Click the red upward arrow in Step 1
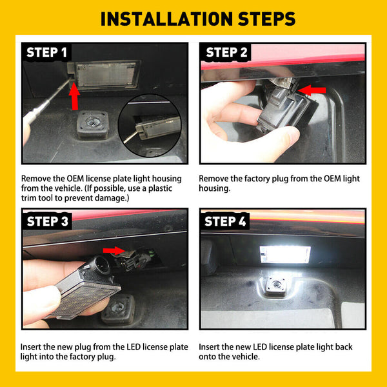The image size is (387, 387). pyautogui.click(x=74, y=97)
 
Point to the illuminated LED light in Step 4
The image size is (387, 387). pyautogui.click(x=284, y=255)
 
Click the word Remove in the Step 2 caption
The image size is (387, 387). pyautogui.click(x=214, y=179)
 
